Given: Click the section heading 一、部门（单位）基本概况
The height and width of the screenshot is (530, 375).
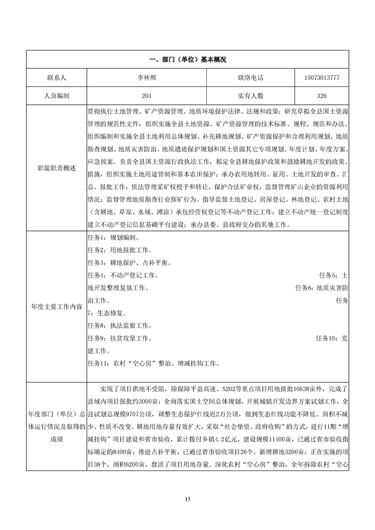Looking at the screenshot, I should (x=187, y=60).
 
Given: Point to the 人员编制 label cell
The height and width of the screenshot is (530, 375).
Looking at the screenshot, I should (x=56, y=95).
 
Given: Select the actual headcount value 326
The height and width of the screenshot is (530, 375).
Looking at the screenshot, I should (x=322, y=95).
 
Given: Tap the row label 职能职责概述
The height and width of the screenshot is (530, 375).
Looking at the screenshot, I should (x=56, y=168).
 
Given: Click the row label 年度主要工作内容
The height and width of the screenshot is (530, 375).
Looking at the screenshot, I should (x=56, y=306).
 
